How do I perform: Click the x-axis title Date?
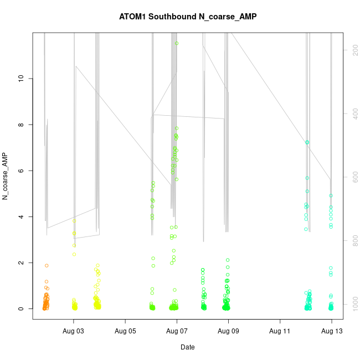(187, 347)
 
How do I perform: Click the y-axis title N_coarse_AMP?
(6, 176)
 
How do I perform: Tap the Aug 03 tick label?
(73, 331)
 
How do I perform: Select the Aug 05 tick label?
(125, 331)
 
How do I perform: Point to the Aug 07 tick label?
(177, 331)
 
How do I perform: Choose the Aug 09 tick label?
(228, 331)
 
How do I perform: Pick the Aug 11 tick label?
(280, 331)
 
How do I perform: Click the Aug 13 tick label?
(331, 331)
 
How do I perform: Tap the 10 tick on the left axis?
(22, 79)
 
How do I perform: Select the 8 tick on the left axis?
(22, 125)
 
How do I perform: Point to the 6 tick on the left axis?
(22, 171)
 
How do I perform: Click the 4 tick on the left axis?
(22, 217)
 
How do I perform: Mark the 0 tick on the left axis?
(22, 308)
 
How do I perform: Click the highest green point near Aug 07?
(177, 43)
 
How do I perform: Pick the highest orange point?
(47, 265)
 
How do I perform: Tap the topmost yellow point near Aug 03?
(74, 221)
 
